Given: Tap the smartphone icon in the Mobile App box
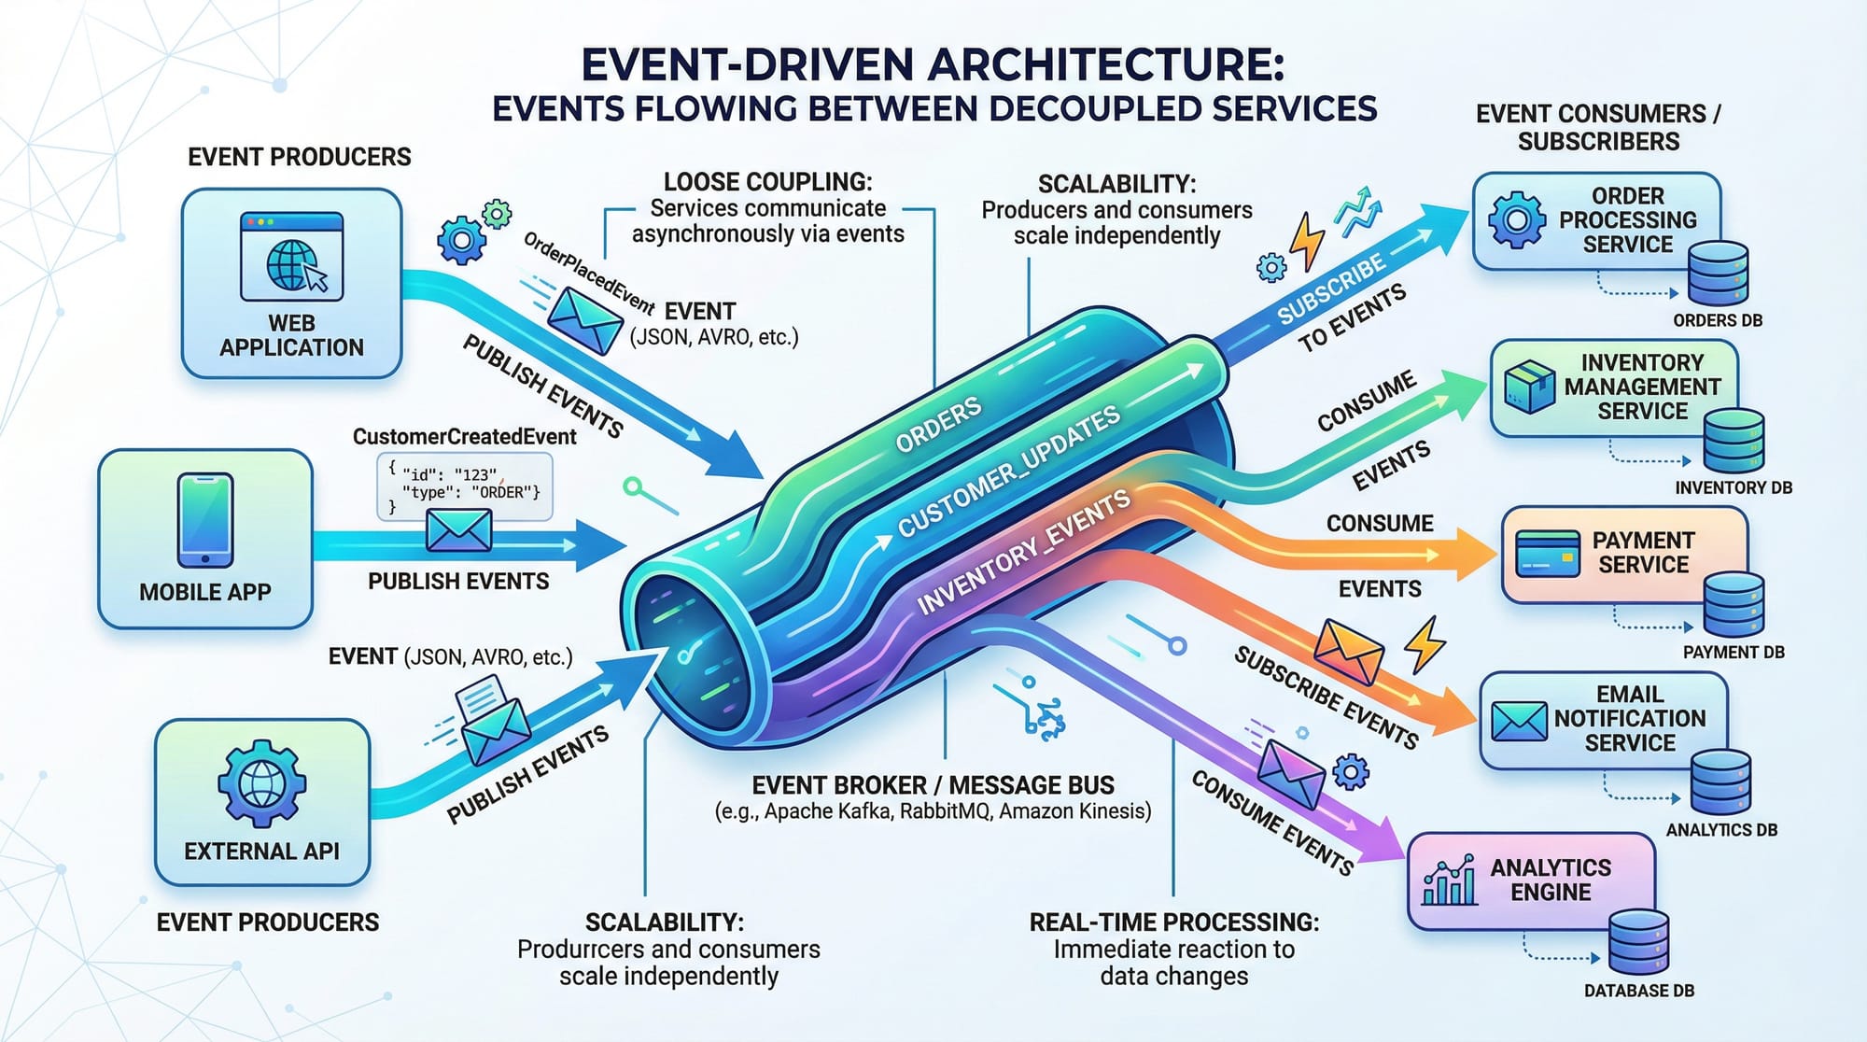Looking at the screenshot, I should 205,519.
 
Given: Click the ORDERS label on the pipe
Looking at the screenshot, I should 937,424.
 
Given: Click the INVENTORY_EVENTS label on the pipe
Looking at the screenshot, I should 1023,553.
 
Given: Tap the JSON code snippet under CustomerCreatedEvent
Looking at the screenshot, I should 464,486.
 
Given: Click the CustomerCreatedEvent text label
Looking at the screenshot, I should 464,436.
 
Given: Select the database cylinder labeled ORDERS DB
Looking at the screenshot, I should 1718,274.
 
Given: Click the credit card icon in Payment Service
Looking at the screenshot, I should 1548,553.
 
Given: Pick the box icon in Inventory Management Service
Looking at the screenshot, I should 1529,387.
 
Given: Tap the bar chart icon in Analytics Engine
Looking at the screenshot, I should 1449,880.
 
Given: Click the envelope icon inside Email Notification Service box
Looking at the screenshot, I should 1519,720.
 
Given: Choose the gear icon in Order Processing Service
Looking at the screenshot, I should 1516,220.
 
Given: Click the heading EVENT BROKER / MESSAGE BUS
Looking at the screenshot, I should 933,785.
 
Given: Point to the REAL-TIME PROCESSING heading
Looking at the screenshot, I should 1173,922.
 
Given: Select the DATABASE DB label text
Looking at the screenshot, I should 1638,991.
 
